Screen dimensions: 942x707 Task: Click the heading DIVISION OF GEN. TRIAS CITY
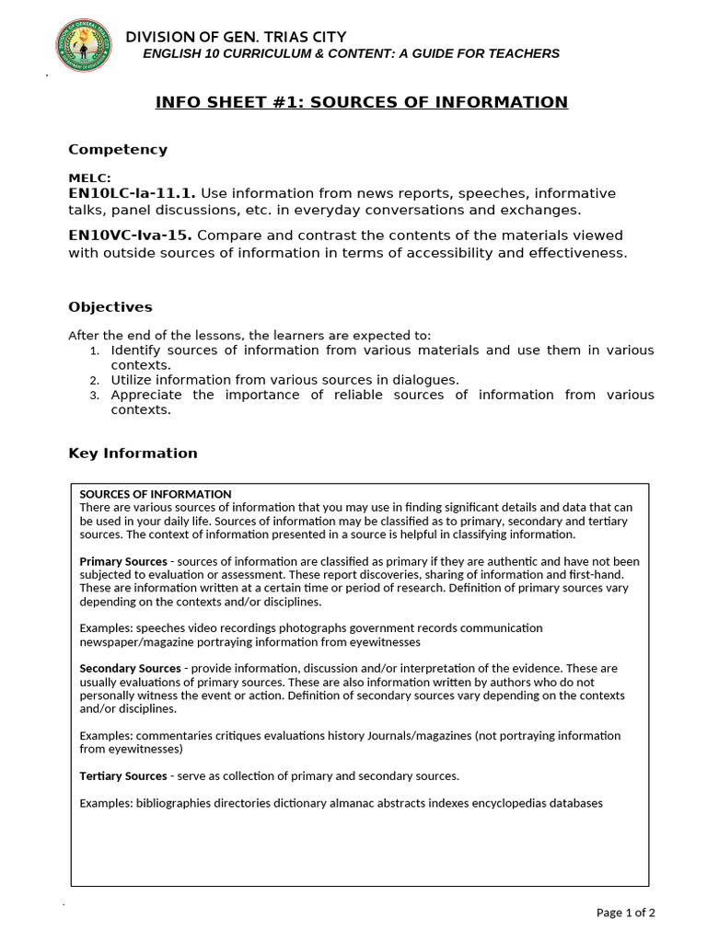(236, 37)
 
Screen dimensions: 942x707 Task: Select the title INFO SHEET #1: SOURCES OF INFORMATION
(361, 102)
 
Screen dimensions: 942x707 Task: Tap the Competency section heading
(118, 150)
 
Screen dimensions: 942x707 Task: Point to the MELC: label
(89, 178)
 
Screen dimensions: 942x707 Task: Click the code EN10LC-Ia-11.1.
(132, 193)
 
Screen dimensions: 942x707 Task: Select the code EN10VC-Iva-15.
(131, 235)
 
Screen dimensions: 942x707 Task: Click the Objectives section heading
(110, 307)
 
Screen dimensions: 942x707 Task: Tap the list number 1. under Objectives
(94, 351)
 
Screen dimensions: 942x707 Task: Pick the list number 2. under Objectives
(94, 381)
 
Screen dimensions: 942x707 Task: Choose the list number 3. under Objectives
(94, 396)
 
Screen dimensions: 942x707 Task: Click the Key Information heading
(133, 454)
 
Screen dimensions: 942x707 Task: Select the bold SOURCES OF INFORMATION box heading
(156, 494)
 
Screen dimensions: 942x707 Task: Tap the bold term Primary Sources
(123, 561)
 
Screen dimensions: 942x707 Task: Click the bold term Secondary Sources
(130, 669)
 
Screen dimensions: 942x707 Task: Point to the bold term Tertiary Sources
(123, 776)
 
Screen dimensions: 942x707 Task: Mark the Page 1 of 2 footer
(626, 913)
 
